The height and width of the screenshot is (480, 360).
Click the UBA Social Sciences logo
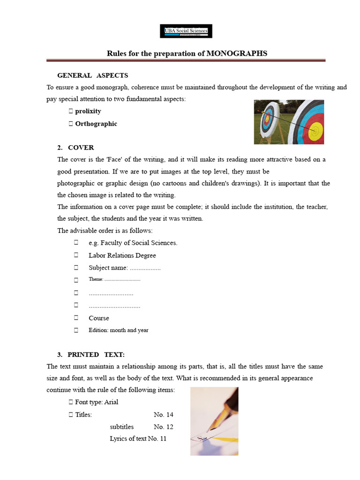[x=186, y=31]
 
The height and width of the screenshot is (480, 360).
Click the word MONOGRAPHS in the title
[x=238, y=53]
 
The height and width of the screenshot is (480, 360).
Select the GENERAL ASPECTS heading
[x=92, y=75]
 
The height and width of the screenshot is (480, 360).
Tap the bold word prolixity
[x=88, y=112]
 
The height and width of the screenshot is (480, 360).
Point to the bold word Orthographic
[x=96, y=124]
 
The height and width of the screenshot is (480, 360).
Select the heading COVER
[x=81, y=148]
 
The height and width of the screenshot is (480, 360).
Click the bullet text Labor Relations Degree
[x=122, y=255]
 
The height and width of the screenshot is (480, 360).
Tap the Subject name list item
[x=125, y=268]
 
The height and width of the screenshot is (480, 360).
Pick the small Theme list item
[x=114, y=279]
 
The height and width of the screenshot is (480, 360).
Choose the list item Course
[x=99, y=318]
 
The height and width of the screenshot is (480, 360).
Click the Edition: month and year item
[x=119, y=330]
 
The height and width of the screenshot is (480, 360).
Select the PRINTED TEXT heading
[x=96, y=354]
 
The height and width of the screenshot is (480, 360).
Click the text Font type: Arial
[x=97, y=402]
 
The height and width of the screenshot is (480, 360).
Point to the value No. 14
[x=164, y=415]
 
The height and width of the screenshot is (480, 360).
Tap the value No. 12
[x=164, y=427]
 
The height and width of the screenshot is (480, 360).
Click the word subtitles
[x=122, y=427]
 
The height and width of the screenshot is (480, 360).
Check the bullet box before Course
[x=76, y=318]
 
